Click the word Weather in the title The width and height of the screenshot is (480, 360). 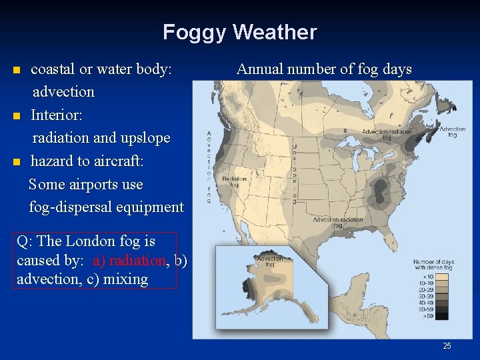pyautogui.click(x=275, y=32)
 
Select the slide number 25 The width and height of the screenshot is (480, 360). pyautogui.click(x=447, y=345)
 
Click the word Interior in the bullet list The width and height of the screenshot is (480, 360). pyautogui.click(x=57, y=115)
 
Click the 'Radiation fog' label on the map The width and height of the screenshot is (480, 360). pyautogui.click(x=234, y=182)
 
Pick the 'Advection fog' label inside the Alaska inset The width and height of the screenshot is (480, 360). pyautogui.click(x=269, y=261)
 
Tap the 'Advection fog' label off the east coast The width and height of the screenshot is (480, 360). pyautogui.click(x=452, y=132)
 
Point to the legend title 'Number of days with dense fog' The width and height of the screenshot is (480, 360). pyautogui.click(x=433, y=265)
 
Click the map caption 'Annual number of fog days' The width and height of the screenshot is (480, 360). pyautogui.click(x=324, y=69)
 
